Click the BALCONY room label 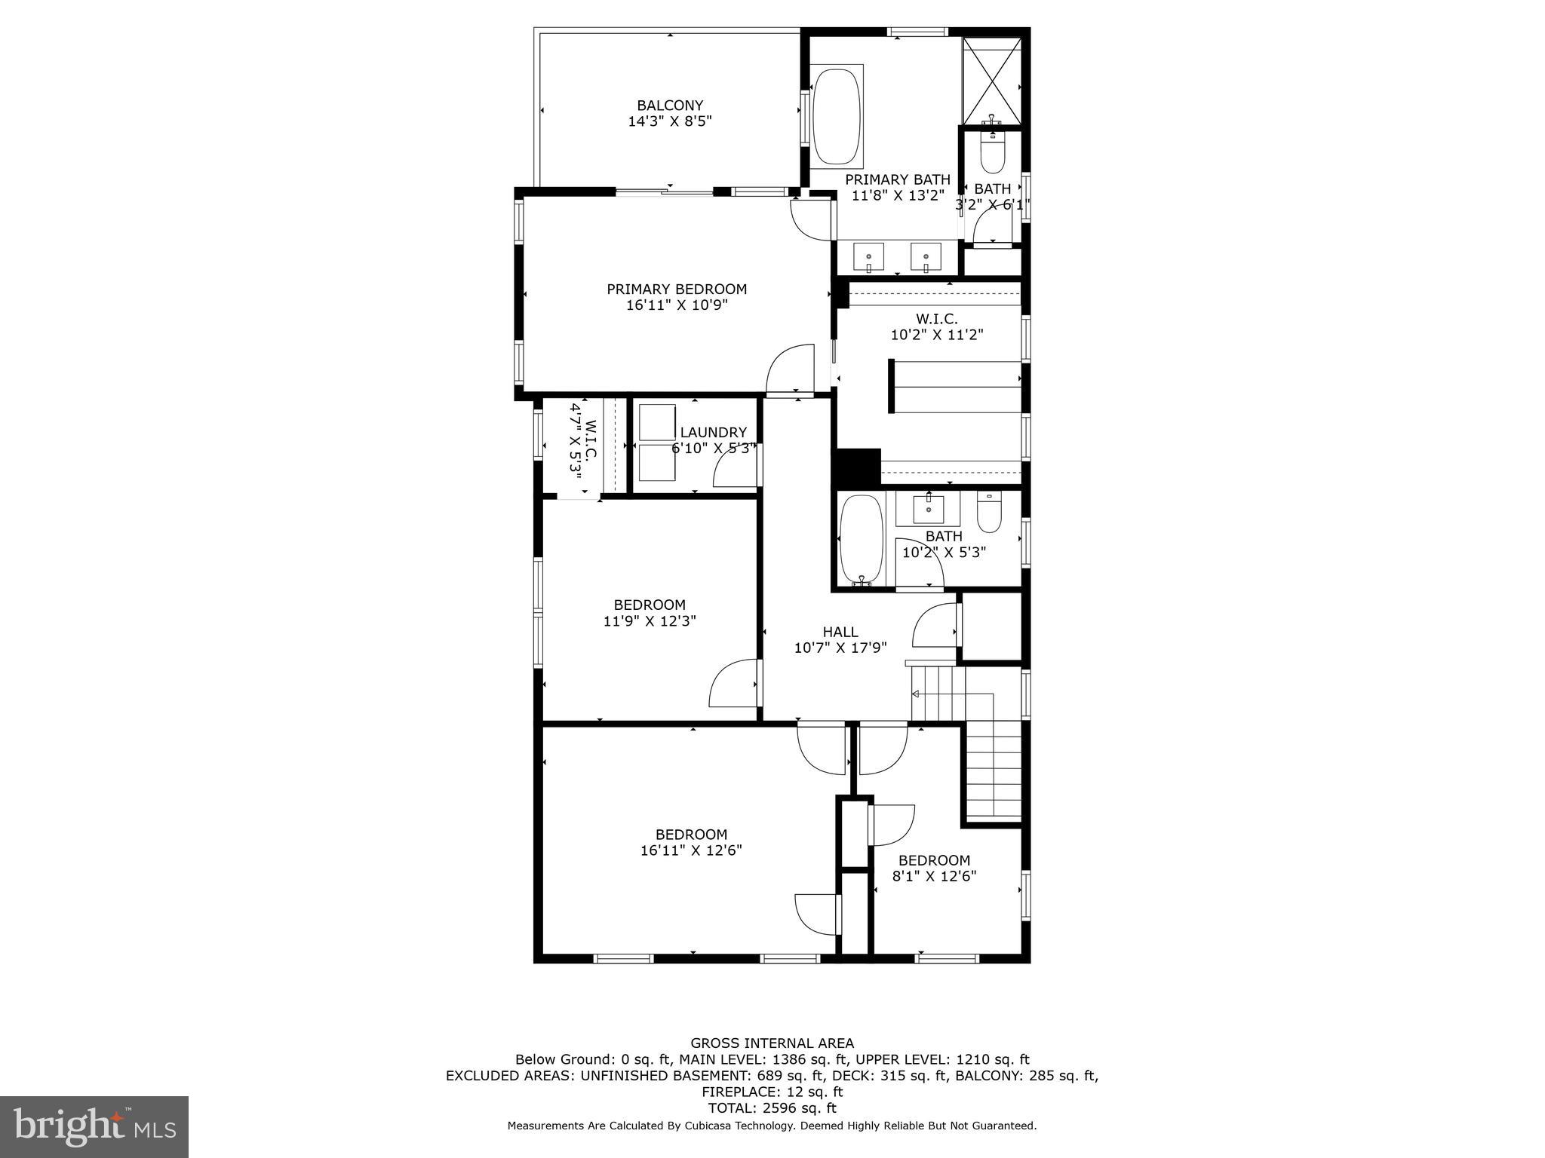[x=670, y=106]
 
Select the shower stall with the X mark [x=992, y=81]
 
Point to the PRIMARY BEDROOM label [x=677, y=289]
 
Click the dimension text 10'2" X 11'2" [x=937, y=335]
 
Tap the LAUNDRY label [x=713, y=433]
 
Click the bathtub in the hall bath [x=861, y=538]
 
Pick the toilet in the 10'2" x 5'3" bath [x=988, y=513]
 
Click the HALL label [x=840, y=632]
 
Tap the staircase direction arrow [x=916, y=693]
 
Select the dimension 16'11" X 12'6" [x=691, y=850]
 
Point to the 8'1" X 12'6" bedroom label [x=934, y=861]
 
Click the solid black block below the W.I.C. [x=857, y=467]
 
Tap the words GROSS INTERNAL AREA [x=772, y=1043]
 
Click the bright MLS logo [x=94, y=1126]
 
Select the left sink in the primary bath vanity [x=868, y=257]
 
